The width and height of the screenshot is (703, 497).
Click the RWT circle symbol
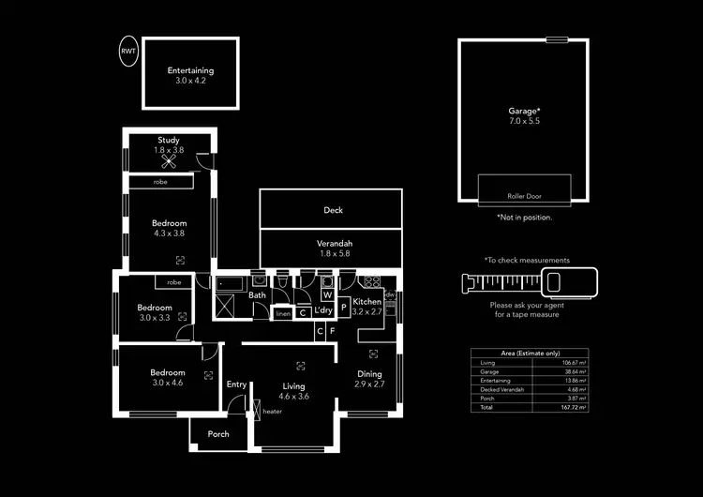pyautogui.click(x=127, y=51)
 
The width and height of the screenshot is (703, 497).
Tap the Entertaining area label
pyautogui.click(x=190, y=71)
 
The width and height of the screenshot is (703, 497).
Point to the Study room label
pyautogui.click(x=169, y=141)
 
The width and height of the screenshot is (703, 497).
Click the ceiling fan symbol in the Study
pyautogui.click(x=169, y=160)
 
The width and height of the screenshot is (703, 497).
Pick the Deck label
pyautogui.click(x=334, y=210)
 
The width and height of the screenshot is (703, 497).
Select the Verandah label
pyautogui.click(x=334, y=242)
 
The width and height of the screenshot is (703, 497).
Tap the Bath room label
pyautogui.click(x=257, y=296)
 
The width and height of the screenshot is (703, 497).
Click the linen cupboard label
pyautogui.click(x=283, y=314)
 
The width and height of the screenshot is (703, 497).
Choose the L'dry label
pyautogui.click(x=324, y=310)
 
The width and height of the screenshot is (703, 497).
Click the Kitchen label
pyautogui.click(x=366, y=301)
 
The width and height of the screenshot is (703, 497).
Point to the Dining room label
pyautogui.click(x=370, y=373)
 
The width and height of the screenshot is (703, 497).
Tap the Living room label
pyautogui.click(x=295, y=386)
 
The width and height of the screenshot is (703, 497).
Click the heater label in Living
pyautogui.click(x=273, y=412)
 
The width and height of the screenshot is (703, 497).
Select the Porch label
pyautogui.click(x=218, y=434)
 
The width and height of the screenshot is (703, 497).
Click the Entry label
pyautogui.click(x=236, y=384)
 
